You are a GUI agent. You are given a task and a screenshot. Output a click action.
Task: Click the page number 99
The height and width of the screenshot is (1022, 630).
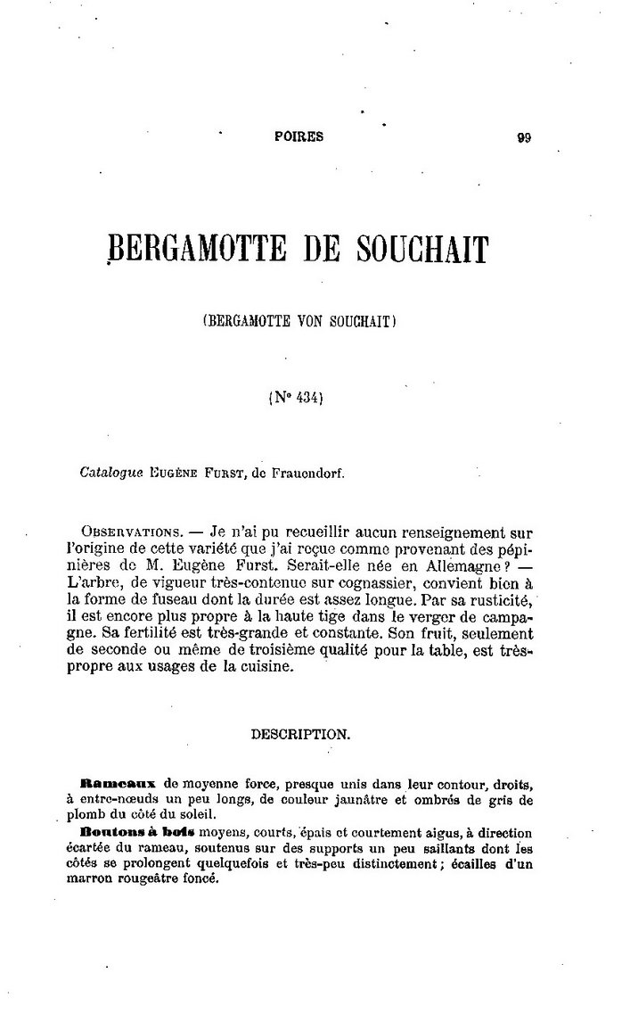pos(523,137)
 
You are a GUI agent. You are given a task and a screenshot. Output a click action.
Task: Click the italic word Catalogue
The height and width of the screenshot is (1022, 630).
pos(110,474)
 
